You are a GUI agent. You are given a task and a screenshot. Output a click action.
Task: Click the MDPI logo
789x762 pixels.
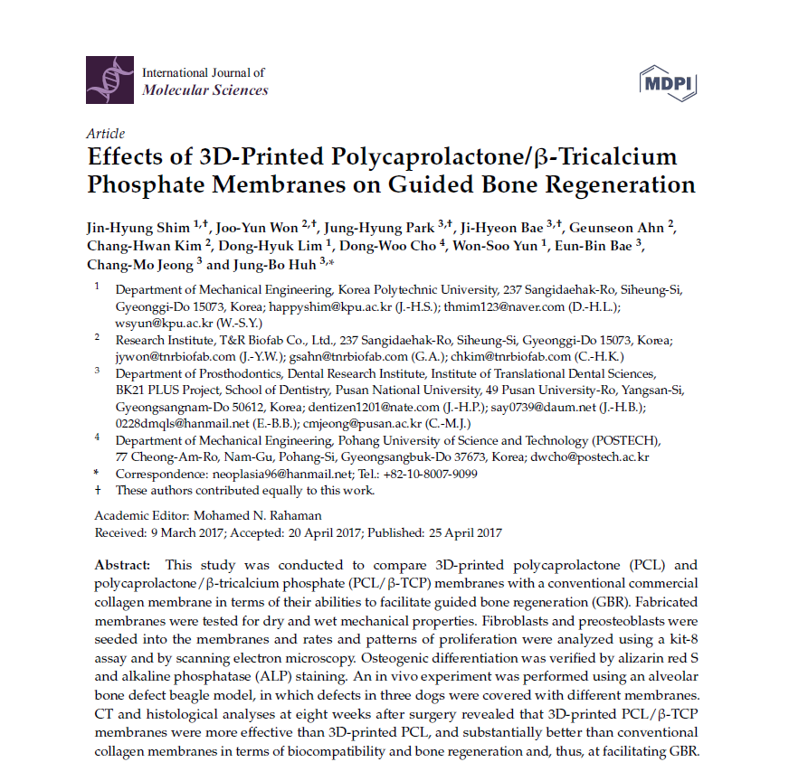click(x=667, y=82)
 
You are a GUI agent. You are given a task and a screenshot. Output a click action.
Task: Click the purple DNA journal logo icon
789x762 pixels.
click(x=109, y=80)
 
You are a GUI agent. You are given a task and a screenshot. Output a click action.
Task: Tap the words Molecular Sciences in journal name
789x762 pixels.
click(x=205, y=89)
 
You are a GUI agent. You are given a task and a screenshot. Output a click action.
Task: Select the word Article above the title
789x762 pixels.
click(x=106, y=134)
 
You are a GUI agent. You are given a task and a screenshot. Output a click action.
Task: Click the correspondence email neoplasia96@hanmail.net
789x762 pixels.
click(x=281, y=474)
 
